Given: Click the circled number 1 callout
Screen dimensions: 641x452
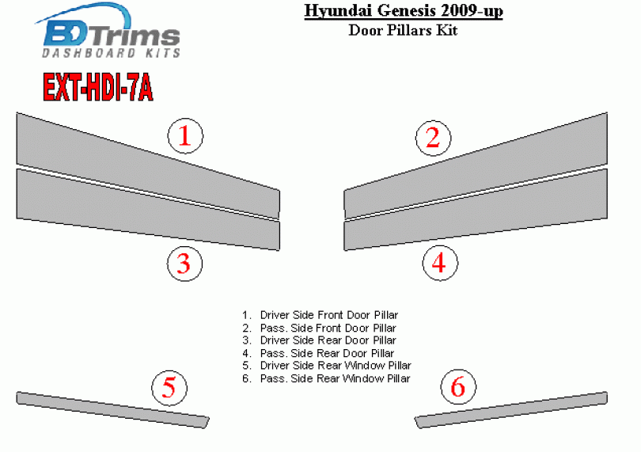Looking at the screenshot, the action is click(185, 136).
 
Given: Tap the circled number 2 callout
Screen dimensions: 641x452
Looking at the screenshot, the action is click(434, 138).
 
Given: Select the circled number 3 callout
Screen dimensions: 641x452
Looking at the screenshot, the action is click(184, 264).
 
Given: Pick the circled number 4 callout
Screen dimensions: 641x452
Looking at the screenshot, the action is click(440, 263).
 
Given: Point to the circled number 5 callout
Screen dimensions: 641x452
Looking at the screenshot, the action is click(169, 387).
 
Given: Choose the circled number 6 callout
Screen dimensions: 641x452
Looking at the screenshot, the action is click(458, 386).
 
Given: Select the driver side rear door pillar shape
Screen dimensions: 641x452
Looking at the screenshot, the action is click(148, 209).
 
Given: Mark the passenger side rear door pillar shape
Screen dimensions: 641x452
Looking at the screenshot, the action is click(476, 209).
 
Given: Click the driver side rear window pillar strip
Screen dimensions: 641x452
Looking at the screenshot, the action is click(112, 410).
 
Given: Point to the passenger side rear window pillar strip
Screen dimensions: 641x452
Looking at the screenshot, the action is click(511, 410).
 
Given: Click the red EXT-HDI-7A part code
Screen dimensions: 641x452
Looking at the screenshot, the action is click(98, 87).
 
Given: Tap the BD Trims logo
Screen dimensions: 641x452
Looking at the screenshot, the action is click(110, 31).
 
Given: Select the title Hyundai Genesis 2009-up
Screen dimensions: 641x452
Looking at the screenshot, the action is click(404, 10).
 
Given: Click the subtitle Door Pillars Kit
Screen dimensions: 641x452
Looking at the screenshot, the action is click(403, 30).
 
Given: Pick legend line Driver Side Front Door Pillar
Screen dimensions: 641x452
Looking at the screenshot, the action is click(320, 315).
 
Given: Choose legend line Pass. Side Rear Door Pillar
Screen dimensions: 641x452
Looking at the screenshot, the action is click(318, 353).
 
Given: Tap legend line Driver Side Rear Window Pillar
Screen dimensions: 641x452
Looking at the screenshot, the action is click(327, 365).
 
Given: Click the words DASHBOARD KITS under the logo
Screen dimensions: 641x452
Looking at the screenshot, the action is click(112, 53).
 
